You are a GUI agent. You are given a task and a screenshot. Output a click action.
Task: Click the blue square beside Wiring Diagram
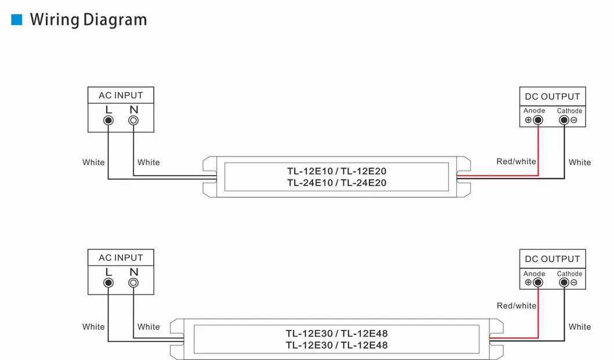[17, 20]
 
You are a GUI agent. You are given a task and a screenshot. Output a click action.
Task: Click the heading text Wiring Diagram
[88, 20]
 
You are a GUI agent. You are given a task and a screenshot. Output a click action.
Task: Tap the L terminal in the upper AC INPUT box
[108, 121]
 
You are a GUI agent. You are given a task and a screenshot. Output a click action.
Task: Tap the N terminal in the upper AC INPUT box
[133, 121]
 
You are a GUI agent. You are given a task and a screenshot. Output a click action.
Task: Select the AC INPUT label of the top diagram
[121, 95]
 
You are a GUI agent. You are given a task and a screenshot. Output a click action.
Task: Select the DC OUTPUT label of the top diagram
[552, 96]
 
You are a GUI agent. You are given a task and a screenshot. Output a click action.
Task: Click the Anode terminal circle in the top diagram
[538, 120]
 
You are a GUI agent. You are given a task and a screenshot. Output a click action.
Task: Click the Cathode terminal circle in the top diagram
[564, 120]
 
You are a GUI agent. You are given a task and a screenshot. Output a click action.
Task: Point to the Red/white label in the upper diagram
[516, 162]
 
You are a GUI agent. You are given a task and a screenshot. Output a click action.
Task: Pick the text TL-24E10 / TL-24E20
[336, 183]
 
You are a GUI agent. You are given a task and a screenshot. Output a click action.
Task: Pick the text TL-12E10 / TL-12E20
[336, 171]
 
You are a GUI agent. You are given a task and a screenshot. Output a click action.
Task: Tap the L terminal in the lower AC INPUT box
[108, 283]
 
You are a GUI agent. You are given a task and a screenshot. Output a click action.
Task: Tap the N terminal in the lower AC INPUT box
[133, 283]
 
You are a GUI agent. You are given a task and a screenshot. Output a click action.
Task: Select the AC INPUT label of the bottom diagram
[121, 257]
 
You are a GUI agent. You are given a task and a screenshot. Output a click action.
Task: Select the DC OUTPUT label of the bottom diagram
[552, 259]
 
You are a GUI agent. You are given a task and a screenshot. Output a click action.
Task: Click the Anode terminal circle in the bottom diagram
[538, 283]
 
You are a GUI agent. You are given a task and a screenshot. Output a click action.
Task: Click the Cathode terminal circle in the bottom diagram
[564, 283]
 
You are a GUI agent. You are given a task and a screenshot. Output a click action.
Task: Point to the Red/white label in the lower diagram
[516, 306]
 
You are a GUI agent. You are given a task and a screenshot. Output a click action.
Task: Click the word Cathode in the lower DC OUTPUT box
[569, 274]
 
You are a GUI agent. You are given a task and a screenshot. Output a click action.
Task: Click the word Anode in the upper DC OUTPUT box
[534, 111]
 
